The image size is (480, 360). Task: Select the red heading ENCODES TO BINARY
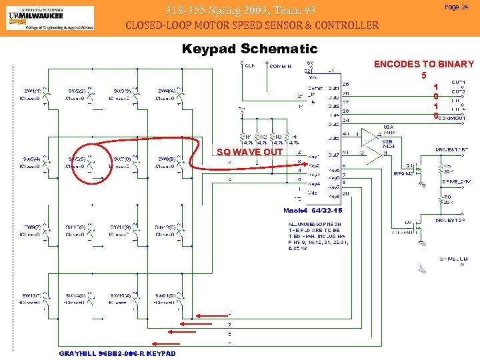pyautogui.click(x=423, y=65)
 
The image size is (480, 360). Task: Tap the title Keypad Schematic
pyautogui.click(x=250, y=49)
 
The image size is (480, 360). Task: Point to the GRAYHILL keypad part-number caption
pyautogui.click(x=117, y=353)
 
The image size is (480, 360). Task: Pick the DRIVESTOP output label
pyautogui.click(x=451, y=219)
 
